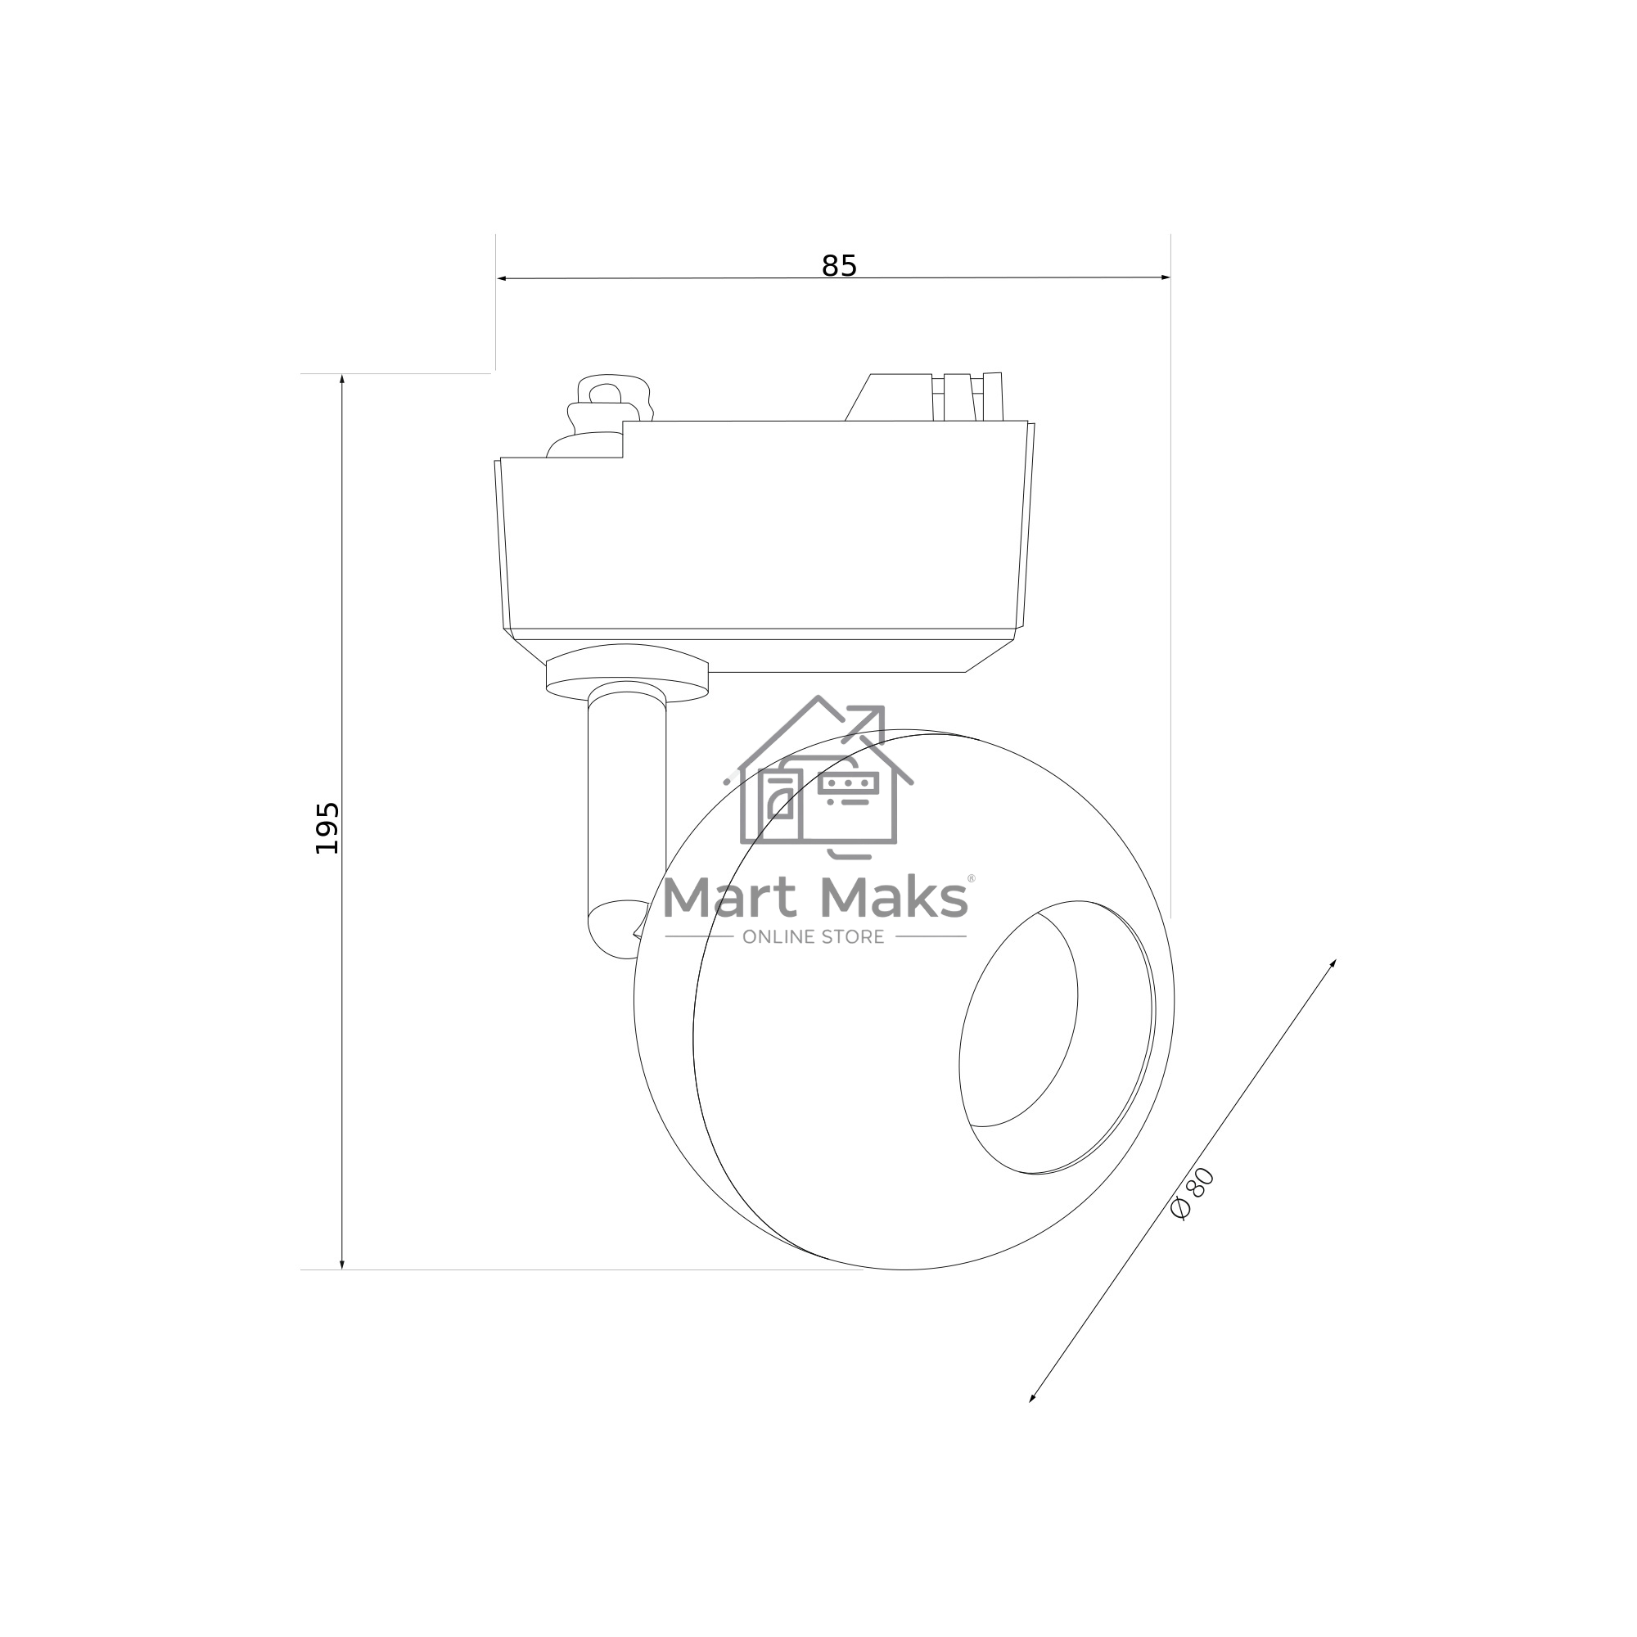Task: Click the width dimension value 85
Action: click(839, 266)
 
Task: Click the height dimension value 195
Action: click(327, 828)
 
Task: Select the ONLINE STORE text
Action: click(814, 936)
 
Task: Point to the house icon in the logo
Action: click(818, 776)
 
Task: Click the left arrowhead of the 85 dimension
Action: click(502, 278)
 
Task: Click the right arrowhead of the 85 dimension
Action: click(1165, 277)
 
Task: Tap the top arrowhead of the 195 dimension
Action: click(342, 379)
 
